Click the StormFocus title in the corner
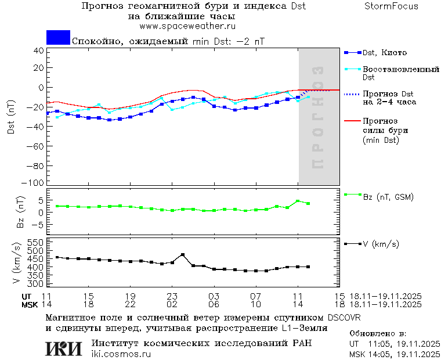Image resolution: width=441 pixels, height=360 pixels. (391, 6)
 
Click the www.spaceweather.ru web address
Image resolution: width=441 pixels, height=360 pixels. (187, 26)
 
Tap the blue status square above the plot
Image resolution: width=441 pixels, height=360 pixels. (58, 37)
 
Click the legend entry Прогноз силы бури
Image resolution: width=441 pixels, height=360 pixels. (383, 131)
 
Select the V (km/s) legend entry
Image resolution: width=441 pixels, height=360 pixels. (381, 244)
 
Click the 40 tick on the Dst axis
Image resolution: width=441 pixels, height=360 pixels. (39, 50)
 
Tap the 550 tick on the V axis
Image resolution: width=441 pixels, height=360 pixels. (36, 242)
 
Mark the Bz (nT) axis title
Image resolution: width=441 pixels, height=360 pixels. (20, 212)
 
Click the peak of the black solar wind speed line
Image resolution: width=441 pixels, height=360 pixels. (183, 254)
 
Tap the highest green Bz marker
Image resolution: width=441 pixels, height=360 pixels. (298, 201)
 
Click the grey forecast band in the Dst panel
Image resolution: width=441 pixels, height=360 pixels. (319, 116)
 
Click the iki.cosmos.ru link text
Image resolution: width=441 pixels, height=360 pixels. (121, 354)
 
